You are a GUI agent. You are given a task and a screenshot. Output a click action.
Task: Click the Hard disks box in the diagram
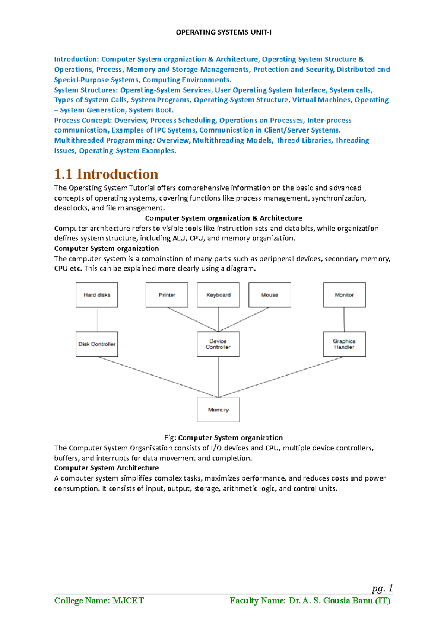97,295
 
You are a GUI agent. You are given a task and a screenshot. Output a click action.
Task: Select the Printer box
167,295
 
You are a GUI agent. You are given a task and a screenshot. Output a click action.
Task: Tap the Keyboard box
218,295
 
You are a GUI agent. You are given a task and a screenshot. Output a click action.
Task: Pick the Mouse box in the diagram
270,295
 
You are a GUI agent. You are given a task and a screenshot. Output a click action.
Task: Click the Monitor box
344,295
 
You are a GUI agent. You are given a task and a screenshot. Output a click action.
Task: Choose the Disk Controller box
97,344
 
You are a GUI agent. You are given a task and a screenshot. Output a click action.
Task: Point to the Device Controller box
218,344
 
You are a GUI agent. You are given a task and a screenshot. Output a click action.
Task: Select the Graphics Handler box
344,344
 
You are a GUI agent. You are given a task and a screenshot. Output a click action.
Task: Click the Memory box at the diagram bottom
218,410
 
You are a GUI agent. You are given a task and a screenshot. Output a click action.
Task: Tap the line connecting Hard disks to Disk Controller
97,319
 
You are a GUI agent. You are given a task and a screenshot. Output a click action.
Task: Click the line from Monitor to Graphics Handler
344,319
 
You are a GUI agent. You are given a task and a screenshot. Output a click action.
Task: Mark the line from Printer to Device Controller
193,319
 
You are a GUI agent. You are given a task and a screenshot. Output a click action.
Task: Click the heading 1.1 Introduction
106,174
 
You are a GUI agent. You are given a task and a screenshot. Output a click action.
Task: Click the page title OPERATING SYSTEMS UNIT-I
223,32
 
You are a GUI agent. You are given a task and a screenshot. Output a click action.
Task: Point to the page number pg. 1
383,588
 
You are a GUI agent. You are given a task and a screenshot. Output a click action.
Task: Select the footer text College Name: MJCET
99,600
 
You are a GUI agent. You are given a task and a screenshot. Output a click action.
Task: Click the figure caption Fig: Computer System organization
223,438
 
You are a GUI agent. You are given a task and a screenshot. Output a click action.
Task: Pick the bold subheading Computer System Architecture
107,468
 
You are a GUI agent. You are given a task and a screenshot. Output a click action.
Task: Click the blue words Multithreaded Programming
104,140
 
